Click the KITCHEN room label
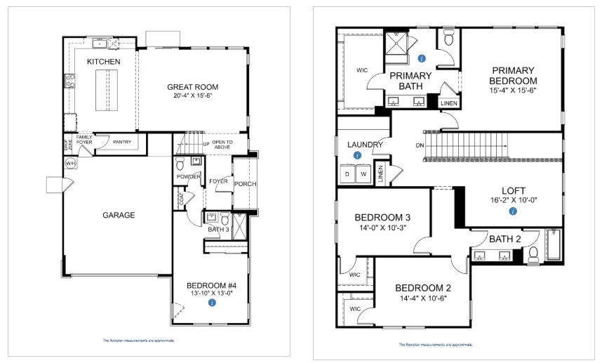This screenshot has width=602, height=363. click(x=103, y=62)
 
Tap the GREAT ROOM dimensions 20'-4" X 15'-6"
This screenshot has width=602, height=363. click(x=192, y=95)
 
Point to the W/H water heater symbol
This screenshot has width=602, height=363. click(x=71, y=164)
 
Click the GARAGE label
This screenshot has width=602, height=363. click(x=119, y=215)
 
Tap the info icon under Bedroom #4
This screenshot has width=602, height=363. click(x=212, y=302)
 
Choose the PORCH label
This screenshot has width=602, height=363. click(x=245, y=184)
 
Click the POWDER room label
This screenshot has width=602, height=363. click(x=189, y=176)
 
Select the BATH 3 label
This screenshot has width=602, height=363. click(x=217, y=228)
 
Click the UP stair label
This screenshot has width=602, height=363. click(x=206, y=143)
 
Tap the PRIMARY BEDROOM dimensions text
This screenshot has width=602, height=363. click(x=513, y=91)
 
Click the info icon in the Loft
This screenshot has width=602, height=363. click(x=513, y=211)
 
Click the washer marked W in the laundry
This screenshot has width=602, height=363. click(x=364, y=173)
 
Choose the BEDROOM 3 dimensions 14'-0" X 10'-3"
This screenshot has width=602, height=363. click(x=383, y=227)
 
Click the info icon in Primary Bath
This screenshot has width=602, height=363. click(x=421, y=58)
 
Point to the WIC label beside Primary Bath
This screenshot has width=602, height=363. click(x=362, y=70)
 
